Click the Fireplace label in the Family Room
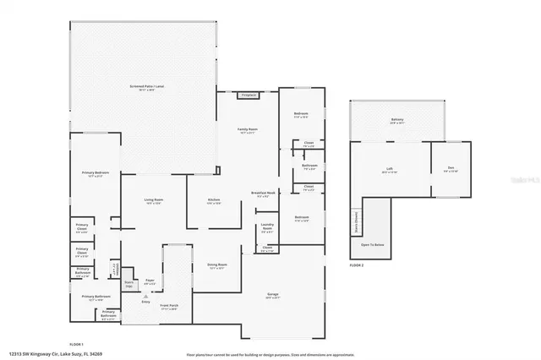(249, 95)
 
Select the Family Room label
(247, 130)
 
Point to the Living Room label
(154, 201)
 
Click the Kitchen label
(214, 201)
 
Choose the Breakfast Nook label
(265, 194)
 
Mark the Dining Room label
(216, 265)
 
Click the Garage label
(273, 295)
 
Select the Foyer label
(150, 282)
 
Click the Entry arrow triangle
(145, 297)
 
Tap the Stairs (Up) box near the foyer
(129, 285)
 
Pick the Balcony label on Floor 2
(396, 120)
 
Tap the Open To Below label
(373, 245)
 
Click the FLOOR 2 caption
(357, 265)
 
